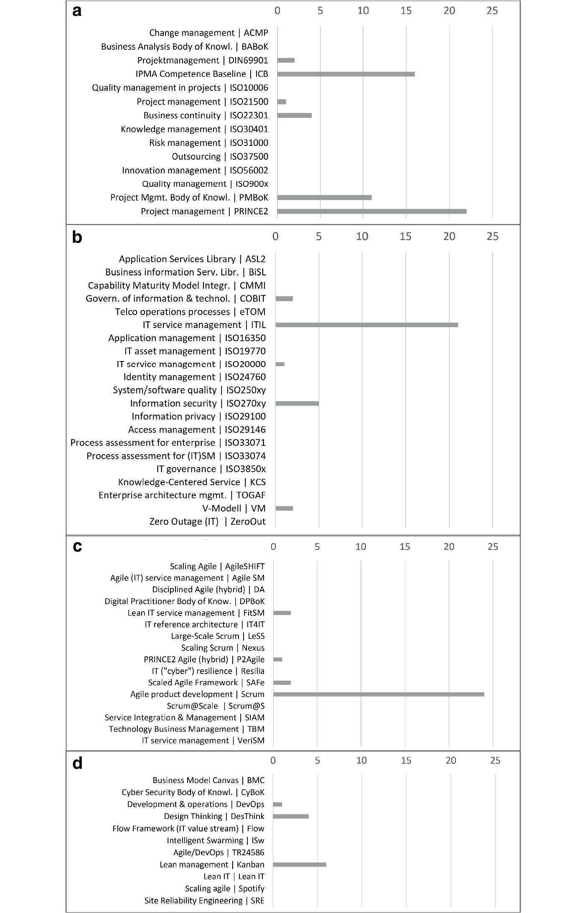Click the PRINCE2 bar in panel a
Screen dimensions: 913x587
[x=371, y=211]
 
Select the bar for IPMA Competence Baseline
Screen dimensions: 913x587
[x=346, y=74]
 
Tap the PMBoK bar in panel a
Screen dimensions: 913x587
[x=324, y=198]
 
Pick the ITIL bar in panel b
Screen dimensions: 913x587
[x=366, y=325]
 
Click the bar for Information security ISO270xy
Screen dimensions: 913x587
[x=297, y=403]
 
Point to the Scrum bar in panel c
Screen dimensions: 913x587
[x=379, y=694]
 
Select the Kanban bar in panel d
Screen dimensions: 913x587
[x=300, y=865]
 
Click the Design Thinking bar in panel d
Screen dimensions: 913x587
[x=291, y=816]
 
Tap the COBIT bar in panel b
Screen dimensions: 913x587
[x=284, y=298]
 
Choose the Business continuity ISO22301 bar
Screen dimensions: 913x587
[x=295, y=115]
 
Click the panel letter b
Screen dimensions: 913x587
[x=77, y=237]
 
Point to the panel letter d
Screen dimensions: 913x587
[x=77, y=763]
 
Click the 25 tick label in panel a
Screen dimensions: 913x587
[x=492, y=10]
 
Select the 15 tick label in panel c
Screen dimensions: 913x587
[x=404, y=547]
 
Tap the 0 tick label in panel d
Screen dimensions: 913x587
[x=273, y=760]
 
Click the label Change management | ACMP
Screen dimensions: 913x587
[x=208, y=33]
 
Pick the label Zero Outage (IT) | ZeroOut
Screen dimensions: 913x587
[x=207, y=521]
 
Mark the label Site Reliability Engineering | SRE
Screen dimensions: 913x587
[x=204, y=900]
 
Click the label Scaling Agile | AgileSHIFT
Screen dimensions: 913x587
[x=217, y=566]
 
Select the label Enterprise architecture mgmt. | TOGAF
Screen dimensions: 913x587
[x=182, y=495]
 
